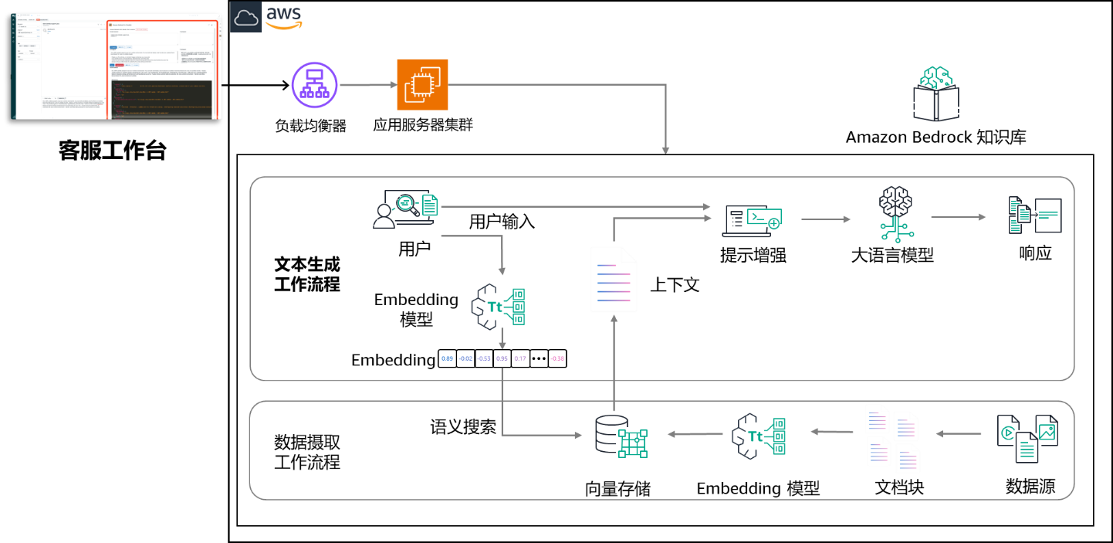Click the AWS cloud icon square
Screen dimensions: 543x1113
[x=246, y=17]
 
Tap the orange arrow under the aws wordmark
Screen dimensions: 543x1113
[x=283, y=25]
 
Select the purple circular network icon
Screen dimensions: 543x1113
[x=315, y=85]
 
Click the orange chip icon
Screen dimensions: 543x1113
[x=422, y=85]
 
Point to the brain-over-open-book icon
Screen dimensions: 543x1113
[x=936, y=94]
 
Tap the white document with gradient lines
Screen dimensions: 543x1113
[x=614, y=279]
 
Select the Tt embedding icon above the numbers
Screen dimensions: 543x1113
[x=499, y=307]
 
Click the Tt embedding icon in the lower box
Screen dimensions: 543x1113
[x=759, y=436]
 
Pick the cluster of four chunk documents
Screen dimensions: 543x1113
[x=892, y=437]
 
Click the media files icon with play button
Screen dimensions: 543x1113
[x=1027, y=437]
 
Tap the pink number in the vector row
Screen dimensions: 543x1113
[x=557, y=358]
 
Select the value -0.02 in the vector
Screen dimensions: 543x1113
[x=465, y=358]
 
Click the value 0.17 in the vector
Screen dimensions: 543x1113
[x=520, y=358]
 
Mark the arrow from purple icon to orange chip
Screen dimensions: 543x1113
[x=367, y=85]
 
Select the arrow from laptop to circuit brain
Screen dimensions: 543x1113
[x=826, y=219]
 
